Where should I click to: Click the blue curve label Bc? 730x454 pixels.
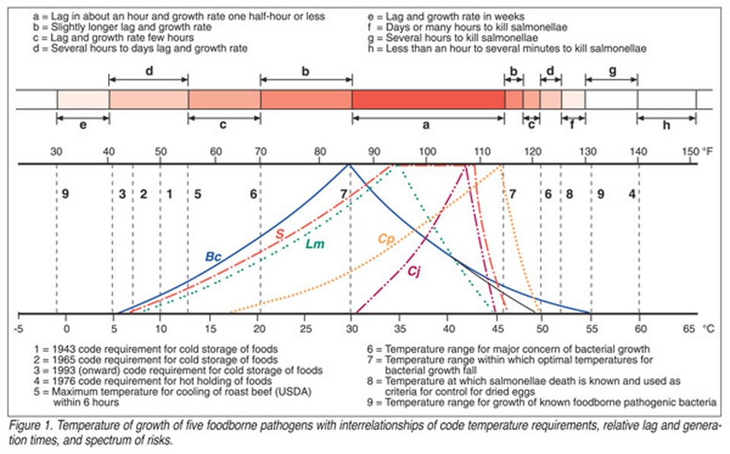[212, 256]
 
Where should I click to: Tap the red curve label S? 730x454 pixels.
[279, 233]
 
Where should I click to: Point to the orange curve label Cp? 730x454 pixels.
[385, 239]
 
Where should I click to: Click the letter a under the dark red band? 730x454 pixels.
[427, 125]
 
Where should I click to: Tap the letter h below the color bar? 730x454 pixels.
[666, 125]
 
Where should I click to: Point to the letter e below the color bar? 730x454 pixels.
[82, 125]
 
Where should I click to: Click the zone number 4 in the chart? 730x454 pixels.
[631, 194]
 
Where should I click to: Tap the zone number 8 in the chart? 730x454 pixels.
[568, 194]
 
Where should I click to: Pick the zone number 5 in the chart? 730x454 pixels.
[197, 194]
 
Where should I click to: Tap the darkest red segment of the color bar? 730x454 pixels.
[428, 100]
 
